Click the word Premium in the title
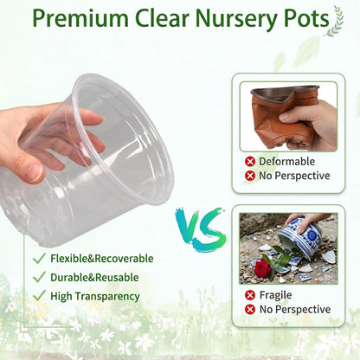(x=80, y=18)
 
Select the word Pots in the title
(x=306, y=18)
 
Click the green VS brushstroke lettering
(x=201, y=229)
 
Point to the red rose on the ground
(x=263, y=267)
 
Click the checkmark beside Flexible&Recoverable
(x=39, y=258)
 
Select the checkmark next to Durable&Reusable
(x=39, y=277)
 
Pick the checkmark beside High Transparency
(x=39, y=296)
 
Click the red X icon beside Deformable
(x=250, y=162)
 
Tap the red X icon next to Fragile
(x=250, y=295)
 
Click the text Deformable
(x=286, y=162)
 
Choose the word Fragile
(x=275, y=295)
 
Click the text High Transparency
(x=95, y=296)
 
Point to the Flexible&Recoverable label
(x=102, y=259)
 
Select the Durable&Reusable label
(x=94, y=277)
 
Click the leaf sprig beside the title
(x=335, y=22)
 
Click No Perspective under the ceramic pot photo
(x=295, y=309)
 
